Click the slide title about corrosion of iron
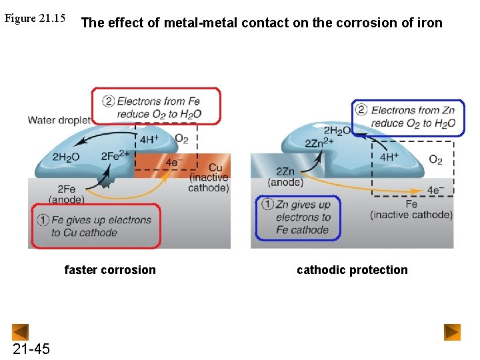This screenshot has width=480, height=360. [261, 23]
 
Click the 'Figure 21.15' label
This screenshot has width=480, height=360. [35, 18]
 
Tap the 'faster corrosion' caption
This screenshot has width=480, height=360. [110, 270]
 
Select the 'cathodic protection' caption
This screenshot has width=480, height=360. [352, 270]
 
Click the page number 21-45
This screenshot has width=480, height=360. [31, 349]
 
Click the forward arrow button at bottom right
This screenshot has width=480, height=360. [453, 332]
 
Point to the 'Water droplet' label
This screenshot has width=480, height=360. [59, 120]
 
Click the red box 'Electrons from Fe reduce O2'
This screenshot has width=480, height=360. [157, 107]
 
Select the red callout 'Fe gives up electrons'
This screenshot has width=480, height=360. [96, 226]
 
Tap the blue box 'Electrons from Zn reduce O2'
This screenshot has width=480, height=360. [409, 117]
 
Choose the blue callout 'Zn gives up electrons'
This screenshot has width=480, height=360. [298, 217]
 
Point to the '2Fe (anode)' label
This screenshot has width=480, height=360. [66, 194]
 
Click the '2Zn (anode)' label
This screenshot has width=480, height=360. [285, 177]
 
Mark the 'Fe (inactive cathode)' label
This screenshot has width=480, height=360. [411, 209]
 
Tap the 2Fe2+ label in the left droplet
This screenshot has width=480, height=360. [115, 157]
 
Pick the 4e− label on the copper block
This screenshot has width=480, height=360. [174, 162]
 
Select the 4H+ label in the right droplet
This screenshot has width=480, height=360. [389, 157]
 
